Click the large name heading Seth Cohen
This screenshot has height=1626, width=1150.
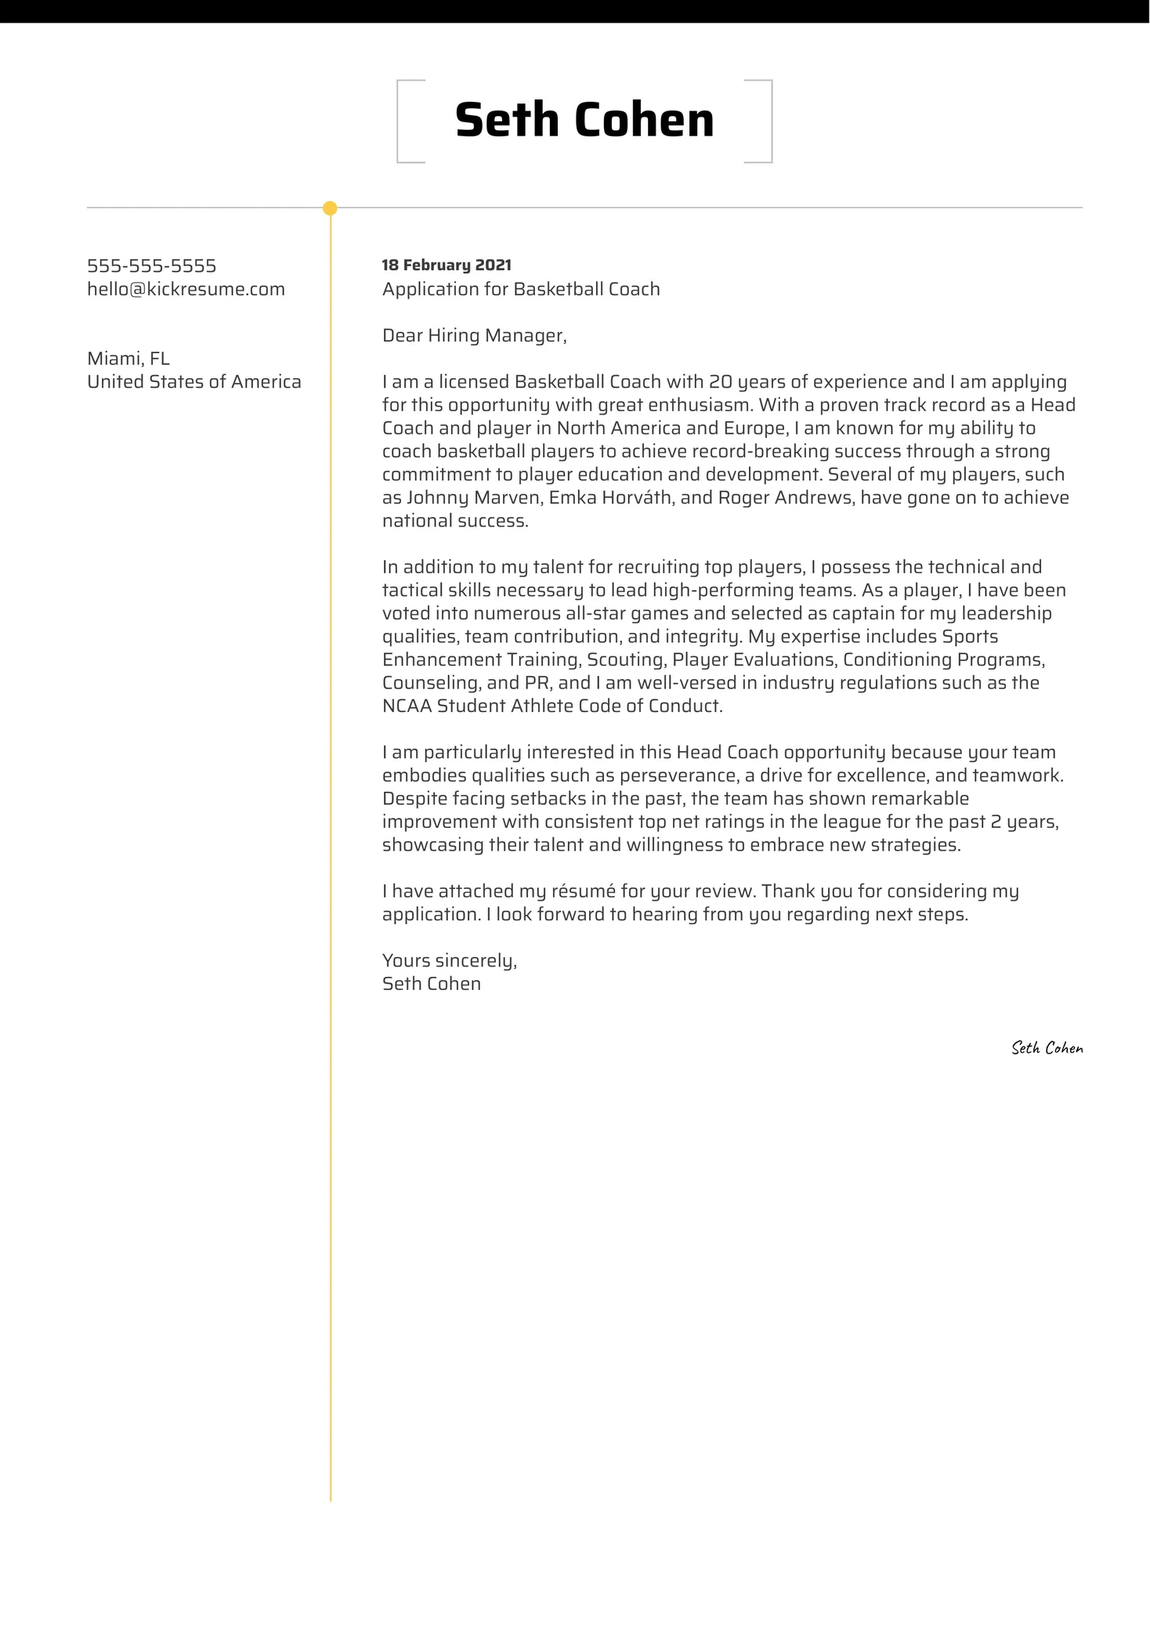click(x=584, y=121)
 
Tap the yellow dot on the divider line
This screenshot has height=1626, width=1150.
click(x=330, y=208)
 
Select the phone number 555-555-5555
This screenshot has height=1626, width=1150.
click(x=151, y=266)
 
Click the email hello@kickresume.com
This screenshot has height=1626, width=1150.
click(x=186, y=289)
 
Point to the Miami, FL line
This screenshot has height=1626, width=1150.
click(x=128, y=359)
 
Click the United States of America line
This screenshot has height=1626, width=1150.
click(x=193, y=382)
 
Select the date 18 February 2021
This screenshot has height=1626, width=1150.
click(x=447, y=266)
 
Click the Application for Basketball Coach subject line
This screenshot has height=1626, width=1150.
click(x=521, y=289)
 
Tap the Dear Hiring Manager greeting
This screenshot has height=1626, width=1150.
click(x=474, y=335)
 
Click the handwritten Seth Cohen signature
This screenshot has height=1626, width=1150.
click(x=1047, y=1048)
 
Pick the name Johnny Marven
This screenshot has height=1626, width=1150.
click(x=473, y=498)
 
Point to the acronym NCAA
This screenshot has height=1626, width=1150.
click(x=407, y=706)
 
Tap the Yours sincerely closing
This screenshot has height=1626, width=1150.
click(x=449, y=961)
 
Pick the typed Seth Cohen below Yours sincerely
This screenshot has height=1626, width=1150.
click(x=431, y=985)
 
